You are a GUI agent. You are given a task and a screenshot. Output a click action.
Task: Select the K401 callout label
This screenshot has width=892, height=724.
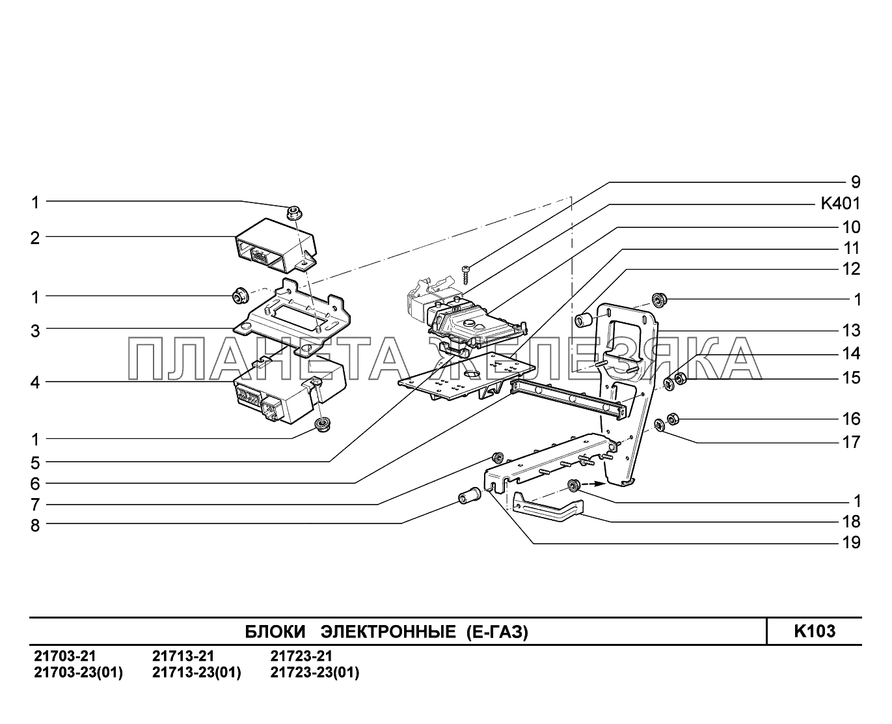839,204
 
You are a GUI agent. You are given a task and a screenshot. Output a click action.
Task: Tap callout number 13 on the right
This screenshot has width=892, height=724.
851,330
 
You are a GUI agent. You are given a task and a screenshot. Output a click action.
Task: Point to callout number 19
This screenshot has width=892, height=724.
851,542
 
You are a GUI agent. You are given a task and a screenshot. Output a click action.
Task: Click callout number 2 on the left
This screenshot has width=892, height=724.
35,238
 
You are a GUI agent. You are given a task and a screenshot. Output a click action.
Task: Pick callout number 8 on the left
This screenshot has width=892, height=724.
35,525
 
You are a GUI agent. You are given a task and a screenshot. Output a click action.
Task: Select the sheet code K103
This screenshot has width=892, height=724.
814,631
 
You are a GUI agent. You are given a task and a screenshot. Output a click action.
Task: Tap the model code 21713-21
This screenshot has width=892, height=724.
183,656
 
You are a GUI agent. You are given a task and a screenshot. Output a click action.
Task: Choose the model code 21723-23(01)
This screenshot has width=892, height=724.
314,673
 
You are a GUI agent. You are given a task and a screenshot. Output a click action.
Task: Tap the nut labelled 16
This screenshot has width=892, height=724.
674,418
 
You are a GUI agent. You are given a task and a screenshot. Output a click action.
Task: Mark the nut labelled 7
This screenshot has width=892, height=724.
499,456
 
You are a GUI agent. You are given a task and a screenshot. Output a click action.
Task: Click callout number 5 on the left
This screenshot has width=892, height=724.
35,463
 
